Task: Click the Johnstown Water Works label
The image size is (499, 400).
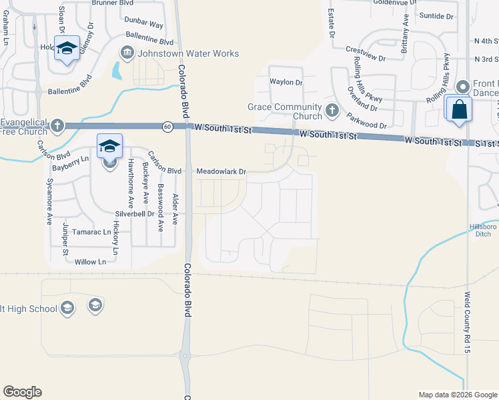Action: (x=188, y=53)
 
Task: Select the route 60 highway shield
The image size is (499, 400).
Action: (x=167, y=126)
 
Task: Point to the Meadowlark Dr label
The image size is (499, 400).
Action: (x=221, y=171)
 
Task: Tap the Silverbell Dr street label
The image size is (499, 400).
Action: (x=134, y=214)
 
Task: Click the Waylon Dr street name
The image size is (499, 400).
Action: (x=286, y=83)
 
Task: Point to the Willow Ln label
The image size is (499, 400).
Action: (x=91, y=262)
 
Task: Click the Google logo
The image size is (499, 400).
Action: (x=22, y=392)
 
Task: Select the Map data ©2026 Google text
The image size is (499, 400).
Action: (x=457, y=395)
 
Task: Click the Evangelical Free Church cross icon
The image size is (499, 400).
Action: (x=57, y=125)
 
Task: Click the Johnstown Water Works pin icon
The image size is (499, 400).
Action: (x=127, y=52)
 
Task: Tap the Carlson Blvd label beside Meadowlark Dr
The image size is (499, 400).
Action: (x=165, y=171)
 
